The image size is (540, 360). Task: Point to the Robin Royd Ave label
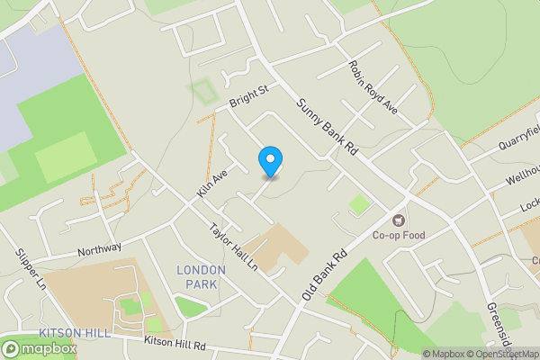(373, 87)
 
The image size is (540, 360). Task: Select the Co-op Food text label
(400, 237)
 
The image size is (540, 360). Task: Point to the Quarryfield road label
(519, 139)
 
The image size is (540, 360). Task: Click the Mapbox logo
(38, 348)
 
